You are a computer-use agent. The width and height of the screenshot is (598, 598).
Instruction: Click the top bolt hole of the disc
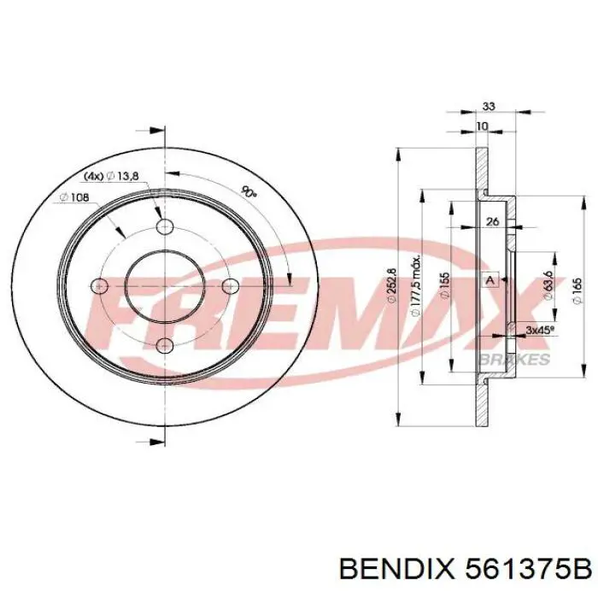164,226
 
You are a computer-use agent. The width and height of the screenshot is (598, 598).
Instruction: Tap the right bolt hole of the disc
229,285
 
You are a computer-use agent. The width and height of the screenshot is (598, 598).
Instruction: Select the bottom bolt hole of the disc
164,344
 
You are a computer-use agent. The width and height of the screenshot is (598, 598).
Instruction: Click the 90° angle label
249,191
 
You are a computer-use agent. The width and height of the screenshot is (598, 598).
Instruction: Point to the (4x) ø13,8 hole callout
111,175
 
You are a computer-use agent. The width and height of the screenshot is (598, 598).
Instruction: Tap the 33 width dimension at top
490,107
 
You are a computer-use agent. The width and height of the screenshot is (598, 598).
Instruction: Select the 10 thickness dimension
483,126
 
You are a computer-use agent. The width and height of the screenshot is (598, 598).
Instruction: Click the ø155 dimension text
445,284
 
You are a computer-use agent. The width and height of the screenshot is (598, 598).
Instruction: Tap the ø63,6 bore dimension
548,284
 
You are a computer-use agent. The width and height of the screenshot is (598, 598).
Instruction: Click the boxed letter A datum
490,280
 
